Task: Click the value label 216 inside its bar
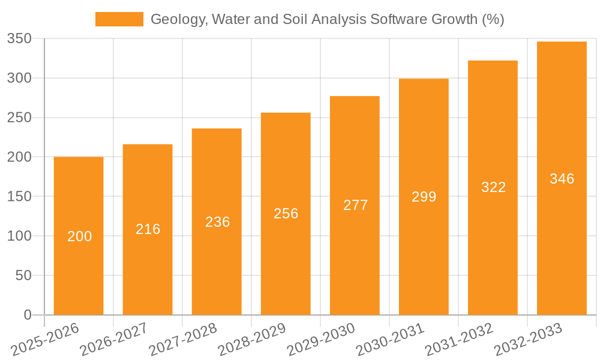tap(148, 229)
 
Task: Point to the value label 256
tap(286, 214)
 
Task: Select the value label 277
tap(355, 205)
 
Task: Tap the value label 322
tap(493, 187)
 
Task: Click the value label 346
tap(562, 179)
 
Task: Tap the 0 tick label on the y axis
tap(28, 315)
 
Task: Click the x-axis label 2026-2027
tap(113, 340)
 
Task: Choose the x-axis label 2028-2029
tap(251, 340)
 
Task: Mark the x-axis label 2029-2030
tap(320, 340)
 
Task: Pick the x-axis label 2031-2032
tap(458, 340)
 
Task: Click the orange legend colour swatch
tap(119, 19)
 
